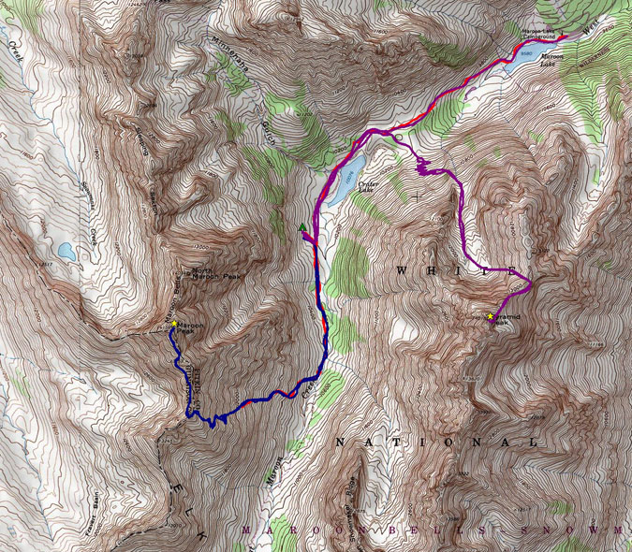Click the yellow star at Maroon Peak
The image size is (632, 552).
click(x=174, y=324)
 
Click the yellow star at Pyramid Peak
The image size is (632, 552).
click(x=490, y=316)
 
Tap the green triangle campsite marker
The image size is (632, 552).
click(x=301, y=228)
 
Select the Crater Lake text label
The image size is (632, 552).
click(x=373, y=185)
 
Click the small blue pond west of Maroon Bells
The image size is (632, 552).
click(x=66, y=251)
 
